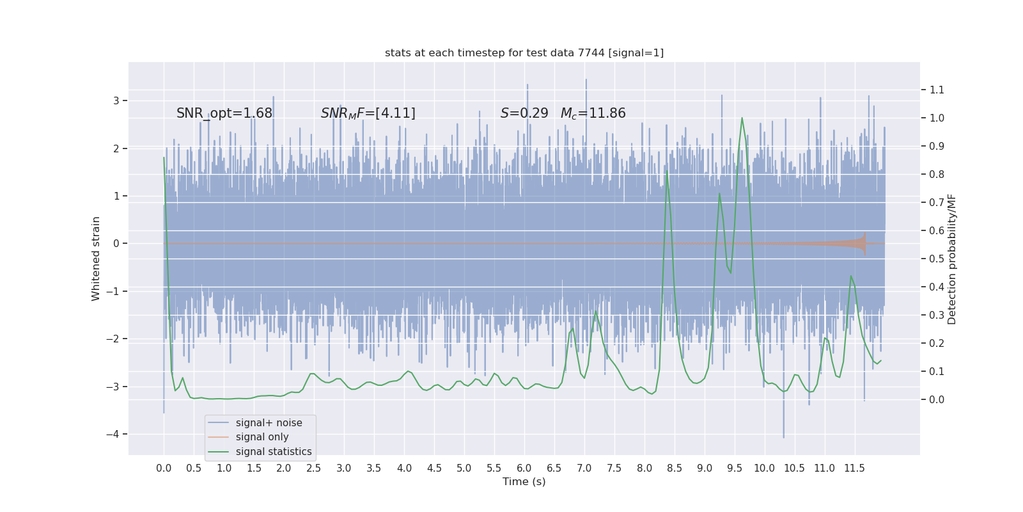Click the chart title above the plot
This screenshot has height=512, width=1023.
[524, 53]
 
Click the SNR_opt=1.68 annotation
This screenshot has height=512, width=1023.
[224, 113]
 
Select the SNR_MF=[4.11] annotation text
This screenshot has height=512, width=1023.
[368, 113]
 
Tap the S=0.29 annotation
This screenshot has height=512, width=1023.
[524, 113]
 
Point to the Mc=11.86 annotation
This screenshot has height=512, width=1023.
[593, 113]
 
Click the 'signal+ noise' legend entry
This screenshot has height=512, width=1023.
[269, 423]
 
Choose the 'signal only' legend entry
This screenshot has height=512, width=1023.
[262, 437]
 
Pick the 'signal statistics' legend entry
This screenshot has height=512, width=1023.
[274, 452]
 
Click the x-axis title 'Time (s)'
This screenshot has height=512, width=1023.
[524, 482]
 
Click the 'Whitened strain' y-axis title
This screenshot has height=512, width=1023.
[96, 259]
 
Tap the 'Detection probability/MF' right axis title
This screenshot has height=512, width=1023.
[952, 259]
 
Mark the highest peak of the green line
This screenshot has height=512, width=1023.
[742, 118]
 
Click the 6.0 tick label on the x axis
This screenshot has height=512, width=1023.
[524, 468]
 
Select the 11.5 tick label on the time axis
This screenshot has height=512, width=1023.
[854, 468]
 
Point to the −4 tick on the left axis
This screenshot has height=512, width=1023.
[116, 435]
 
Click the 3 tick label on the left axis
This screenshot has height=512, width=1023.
[116, 101]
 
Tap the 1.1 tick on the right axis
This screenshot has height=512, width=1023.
[937, 90]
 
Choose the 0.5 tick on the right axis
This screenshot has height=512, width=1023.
[937, 259]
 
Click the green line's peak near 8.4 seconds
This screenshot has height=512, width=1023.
[667, 170]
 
